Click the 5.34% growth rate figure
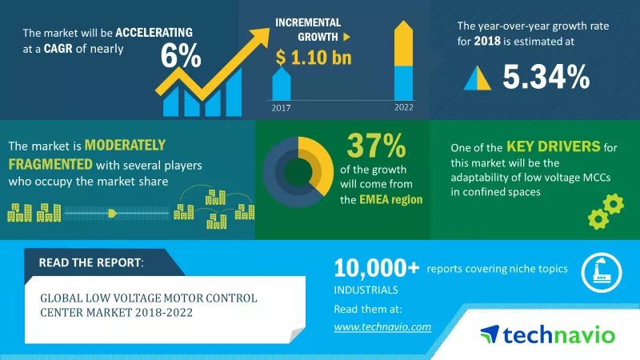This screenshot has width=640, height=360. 546,76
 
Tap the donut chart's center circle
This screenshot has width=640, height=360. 298,169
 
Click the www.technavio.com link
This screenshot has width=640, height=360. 382,326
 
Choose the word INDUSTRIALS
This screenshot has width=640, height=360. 365,290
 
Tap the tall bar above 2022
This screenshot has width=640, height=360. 403,60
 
